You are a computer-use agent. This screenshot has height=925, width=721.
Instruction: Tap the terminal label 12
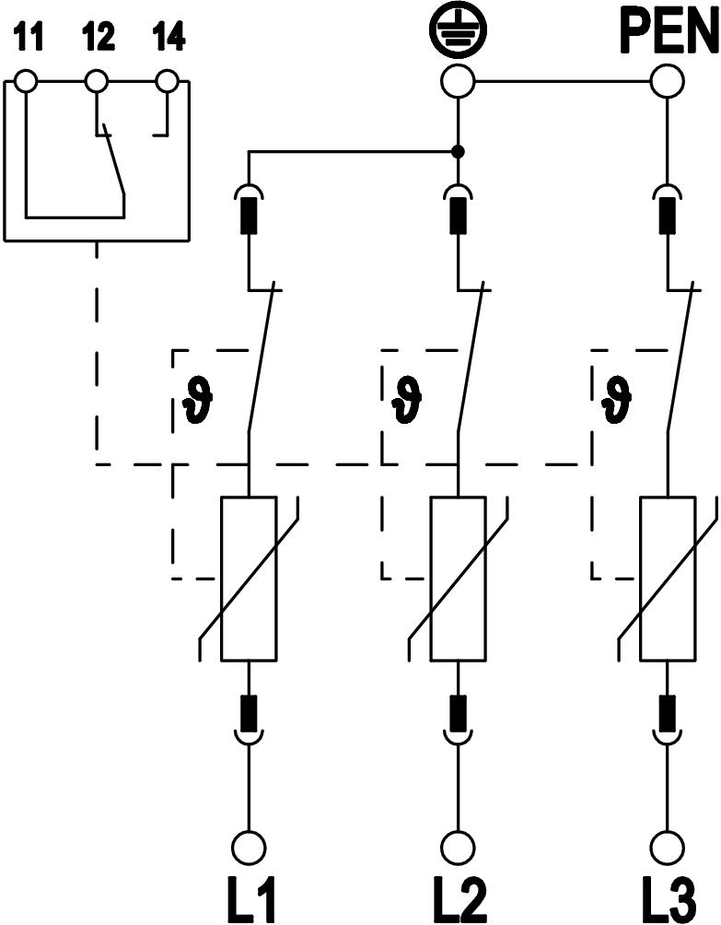click(98, 39)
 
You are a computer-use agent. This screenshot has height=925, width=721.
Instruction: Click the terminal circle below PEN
click(667, 82)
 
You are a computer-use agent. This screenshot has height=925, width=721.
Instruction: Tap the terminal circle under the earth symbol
click(458, 82)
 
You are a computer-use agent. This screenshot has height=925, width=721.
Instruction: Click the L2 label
click(458, 899)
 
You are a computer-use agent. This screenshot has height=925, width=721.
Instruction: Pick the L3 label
click(667, 899)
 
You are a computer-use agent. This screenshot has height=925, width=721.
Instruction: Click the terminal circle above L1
click(249, 847)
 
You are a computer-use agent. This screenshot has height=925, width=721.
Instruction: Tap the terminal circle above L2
click(458, 847)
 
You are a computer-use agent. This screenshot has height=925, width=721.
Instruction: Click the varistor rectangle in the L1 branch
click(249, 579)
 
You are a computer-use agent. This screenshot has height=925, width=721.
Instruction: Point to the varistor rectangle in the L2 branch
click(458, 579)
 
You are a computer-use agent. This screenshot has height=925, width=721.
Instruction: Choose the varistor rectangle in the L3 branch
click(667, 579)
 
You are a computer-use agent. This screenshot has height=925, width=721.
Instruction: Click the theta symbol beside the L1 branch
click(198, 399)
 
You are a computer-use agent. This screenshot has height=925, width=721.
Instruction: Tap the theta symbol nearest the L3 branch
click(615, 399)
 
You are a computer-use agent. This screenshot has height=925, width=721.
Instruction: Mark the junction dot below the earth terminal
click(458, 151)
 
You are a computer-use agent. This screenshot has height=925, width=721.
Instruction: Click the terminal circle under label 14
click(167, 82)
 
